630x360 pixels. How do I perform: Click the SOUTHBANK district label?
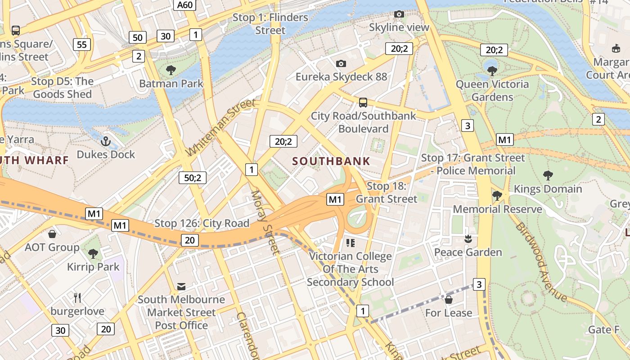[x=331, y=161]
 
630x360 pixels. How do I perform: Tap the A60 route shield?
[x=185, y=5]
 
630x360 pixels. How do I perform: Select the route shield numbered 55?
[x=81, y=44]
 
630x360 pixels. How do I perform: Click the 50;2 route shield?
[x=193, y=178]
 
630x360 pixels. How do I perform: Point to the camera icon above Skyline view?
[x=399, y=14]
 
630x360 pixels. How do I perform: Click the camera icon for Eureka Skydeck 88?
[x=341, y=63]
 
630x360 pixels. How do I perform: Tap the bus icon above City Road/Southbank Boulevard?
[x=363, y=103]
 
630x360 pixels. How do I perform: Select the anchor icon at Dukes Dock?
[x=106, y=142]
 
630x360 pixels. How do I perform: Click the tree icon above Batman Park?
[x=171, y=70]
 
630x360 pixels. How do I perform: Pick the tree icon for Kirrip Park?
[x=93, y=254]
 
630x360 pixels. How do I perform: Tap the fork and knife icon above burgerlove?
[x=77, y=297]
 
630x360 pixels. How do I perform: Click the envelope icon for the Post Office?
[x=181, y=286]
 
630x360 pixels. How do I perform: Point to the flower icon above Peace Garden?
[x=468, y=238]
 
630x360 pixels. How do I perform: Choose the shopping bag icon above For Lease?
[x=448, y=299]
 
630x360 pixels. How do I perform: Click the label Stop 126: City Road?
[x=202, y=223]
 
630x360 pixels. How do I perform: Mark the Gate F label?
[x=604, y=330]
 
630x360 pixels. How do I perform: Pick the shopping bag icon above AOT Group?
[x=52, y=234]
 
